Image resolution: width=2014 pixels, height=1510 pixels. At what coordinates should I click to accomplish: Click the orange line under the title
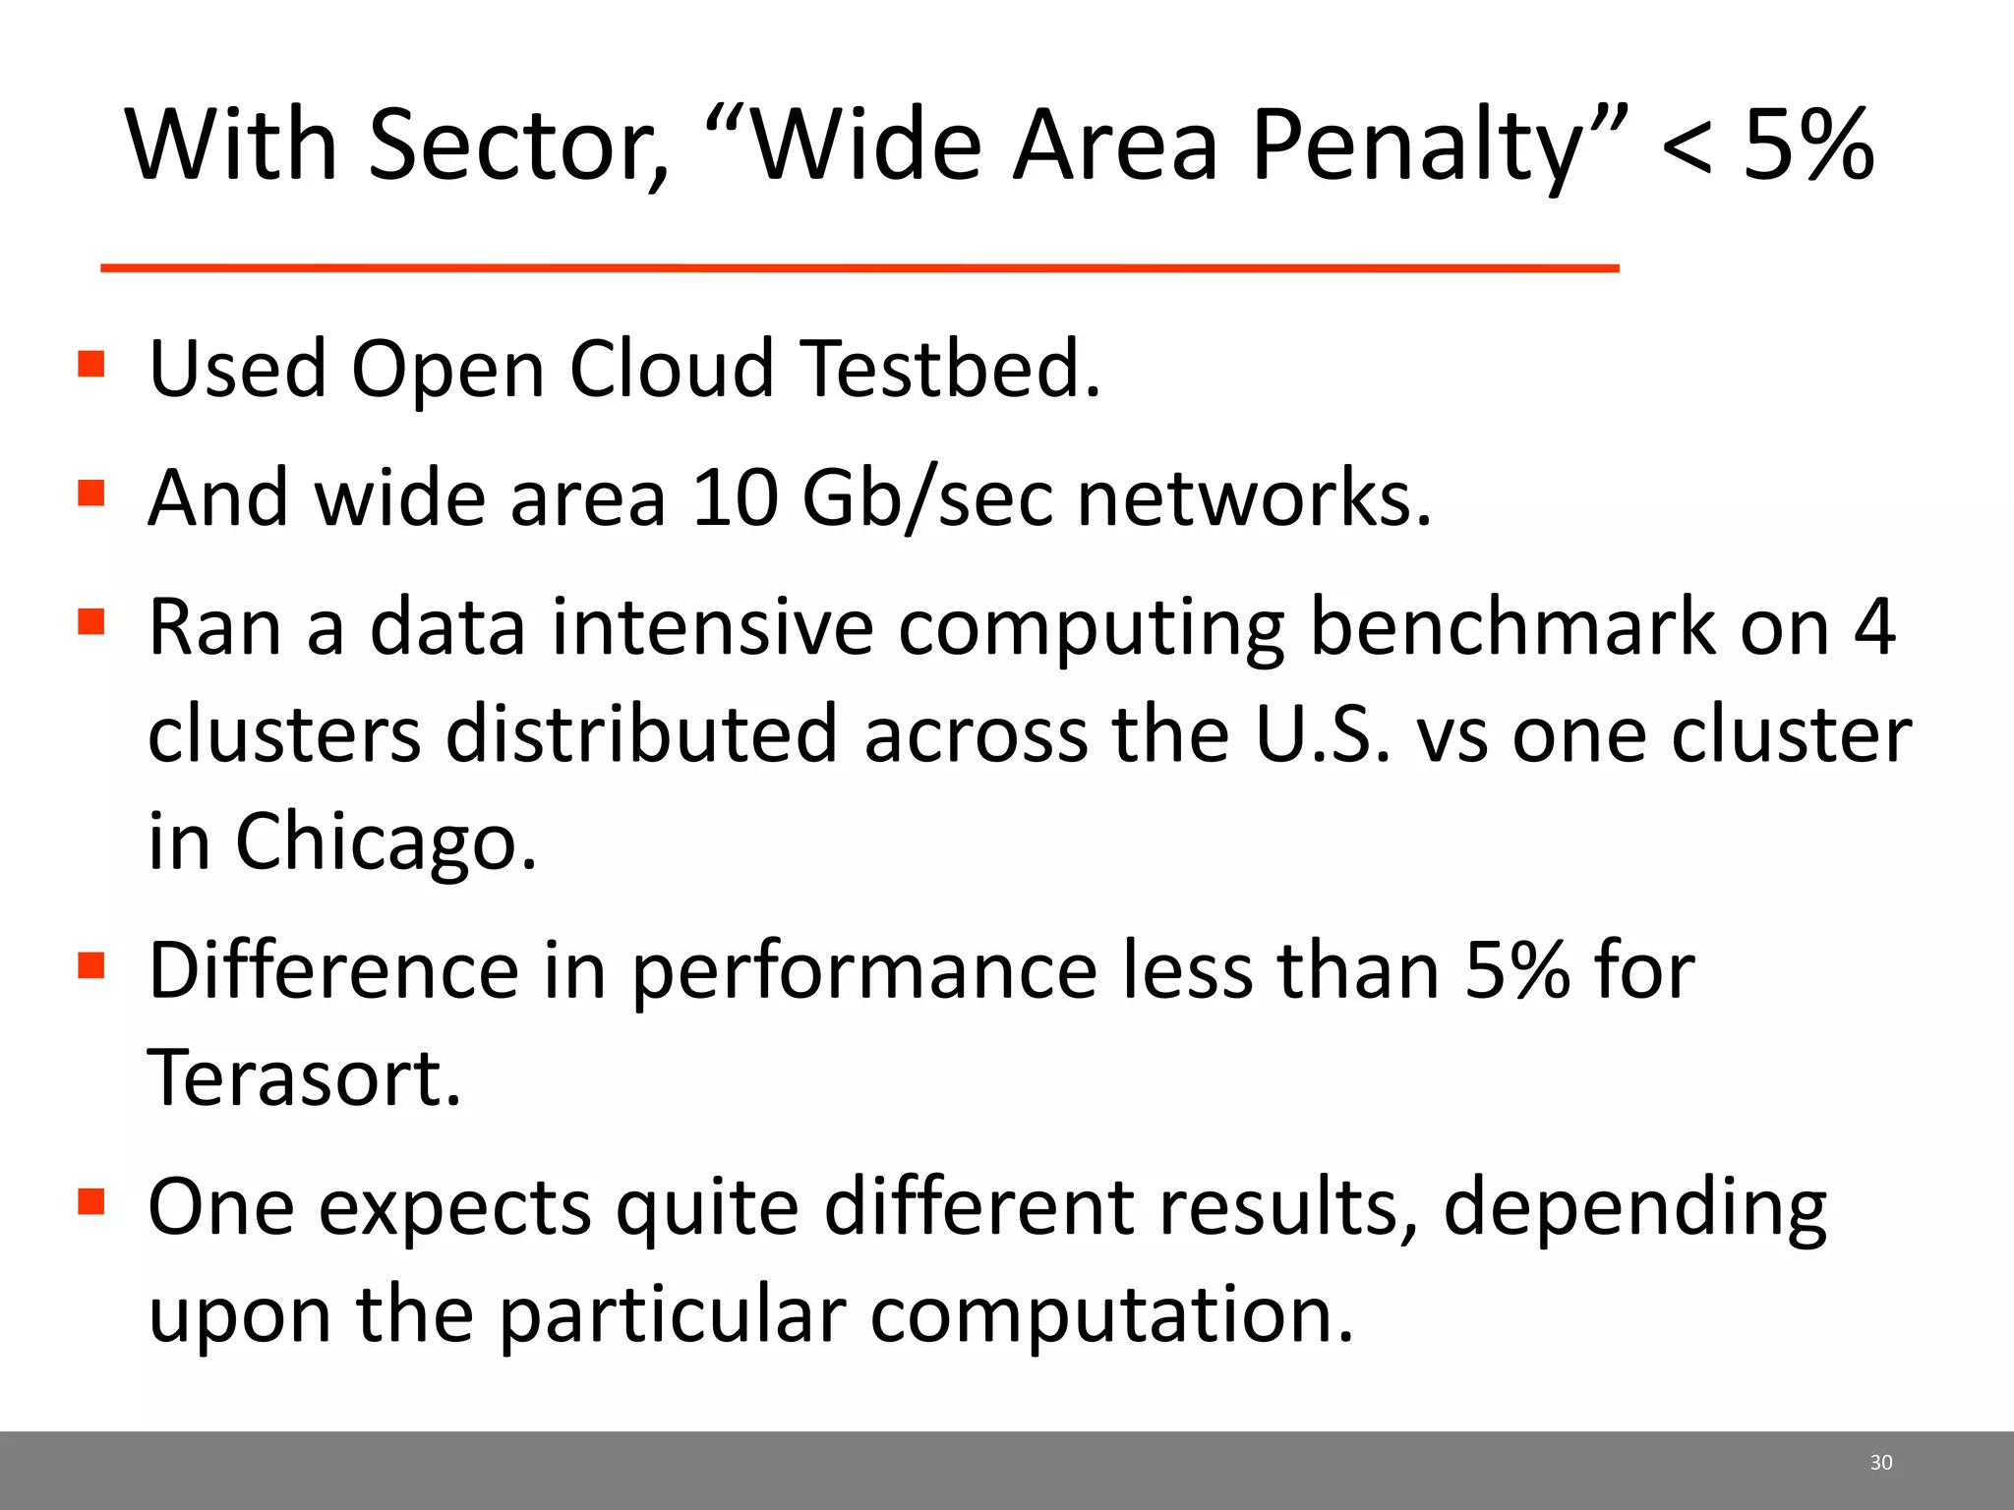859,267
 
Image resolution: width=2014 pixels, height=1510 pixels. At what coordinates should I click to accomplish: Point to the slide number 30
1880,1463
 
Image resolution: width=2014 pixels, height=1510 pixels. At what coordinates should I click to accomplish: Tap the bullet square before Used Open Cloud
91,365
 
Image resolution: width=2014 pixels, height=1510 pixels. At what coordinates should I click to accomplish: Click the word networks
1254,498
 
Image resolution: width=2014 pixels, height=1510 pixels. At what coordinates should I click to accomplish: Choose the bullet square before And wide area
91,493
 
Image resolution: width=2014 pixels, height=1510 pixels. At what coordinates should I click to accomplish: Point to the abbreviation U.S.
1324,734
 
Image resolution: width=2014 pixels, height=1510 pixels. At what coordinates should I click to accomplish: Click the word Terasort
304,1078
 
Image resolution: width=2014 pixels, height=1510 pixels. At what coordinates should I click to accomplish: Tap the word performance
863,971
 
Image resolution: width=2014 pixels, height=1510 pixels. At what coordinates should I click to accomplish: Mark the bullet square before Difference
91,966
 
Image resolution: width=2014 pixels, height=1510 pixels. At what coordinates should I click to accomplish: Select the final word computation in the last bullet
1111,1315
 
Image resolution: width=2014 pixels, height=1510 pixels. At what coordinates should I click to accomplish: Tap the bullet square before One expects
91,1202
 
